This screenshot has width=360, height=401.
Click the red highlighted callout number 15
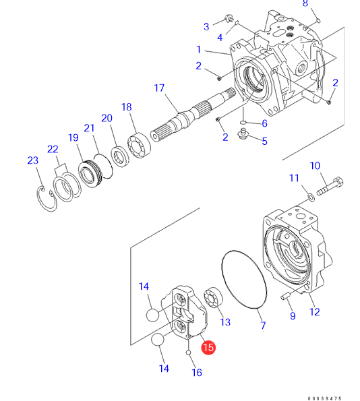point(208,347)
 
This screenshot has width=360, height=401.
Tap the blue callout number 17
point(159,88)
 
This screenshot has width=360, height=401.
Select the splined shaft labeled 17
point(193,114)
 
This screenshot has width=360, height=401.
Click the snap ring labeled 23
point(46,199)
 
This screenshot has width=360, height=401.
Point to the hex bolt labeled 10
point(330,187)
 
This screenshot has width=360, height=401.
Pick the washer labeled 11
point(311,197)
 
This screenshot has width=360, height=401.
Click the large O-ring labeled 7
point(244,280)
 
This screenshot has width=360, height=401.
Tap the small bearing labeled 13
point(214,297)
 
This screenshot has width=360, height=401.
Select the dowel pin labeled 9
point(285,296)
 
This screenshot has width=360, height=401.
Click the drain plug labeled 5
point(243,134)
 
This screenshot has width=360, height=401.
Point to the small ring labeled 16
point(188,352)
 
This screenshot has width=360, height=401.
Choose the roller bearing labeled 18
point(139,145)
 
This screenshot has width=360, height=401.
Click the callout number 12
point(314,312)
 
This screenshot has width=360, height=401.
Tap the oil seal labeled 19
point(90,174)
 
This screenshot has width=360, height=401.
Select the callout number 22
point(53,149)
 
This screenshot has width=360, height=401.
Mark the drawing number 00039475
point(324,398)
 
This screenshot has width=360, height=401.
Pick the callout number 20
point(107,118)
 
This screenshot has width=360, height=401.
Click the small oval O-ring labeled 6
point(243,123)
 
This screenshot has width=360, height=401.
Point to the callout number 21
point(89,128)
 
